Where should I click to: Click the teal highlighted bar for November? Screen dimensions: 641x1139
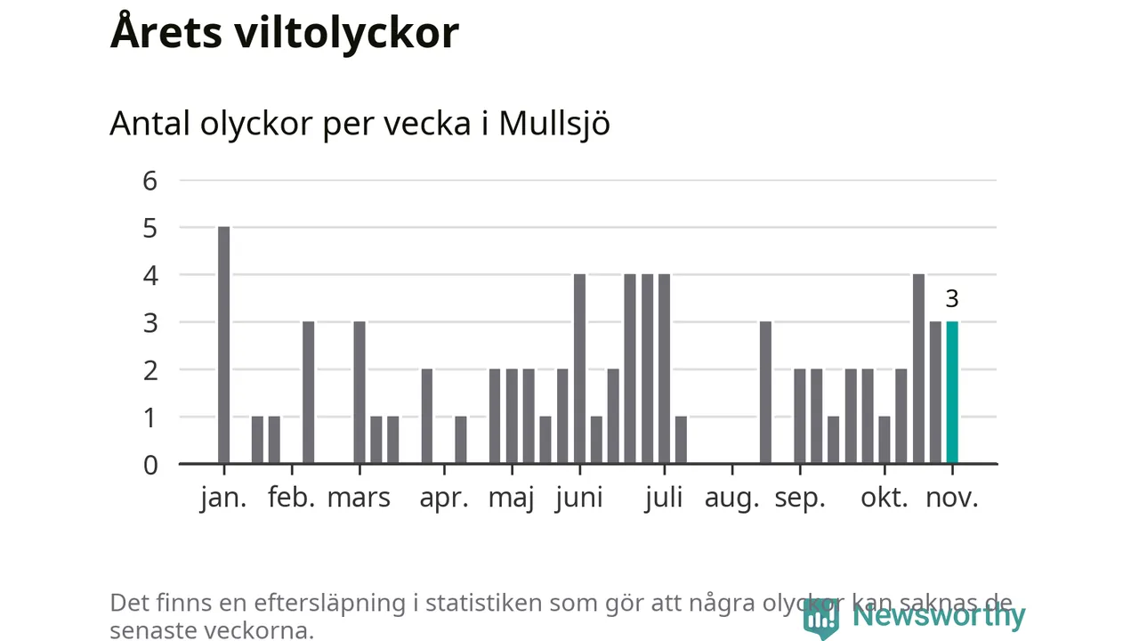pyautogui.click(x=952, y=393)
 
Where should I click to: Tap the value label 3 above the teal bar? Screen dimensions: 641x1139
pyautogui.click(x=952, y=299)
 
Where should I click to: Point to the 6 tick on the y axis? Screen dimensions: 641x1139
pyautogui.click(x=149, y=181)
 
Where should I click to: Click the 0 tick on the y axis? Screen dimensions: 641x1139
pyautogui.click(x=149, y=464)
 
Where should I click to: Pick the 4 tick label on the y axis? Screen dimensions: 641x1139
pyautogui.click(x=149, y=275)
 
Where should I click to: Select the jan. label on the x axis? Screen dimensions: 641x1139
pyautogui.click(x=223, y=498)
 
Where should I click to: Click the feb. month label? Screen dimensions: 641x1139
pyautogui.click(x=292, y=498)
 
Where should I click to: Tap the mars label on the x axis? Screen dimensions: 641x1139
pyautogui.click(x=359, y=498)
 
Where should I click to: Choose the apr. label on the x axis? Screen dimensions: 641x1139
pyautogui.click(x=444, y=498)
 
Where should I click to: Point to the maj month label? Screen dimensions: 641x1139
pyautogui.click(x=512, y=498)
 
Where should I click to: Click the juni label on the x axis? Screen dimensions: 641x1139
pyautogui.click(x=579, y=498)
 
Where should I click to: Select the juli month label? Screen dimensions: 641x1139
pyautogui.click(x=664, y=498)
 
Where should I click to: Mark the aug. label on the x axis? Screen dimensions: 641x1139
pyautogui.click(x=732, y=498)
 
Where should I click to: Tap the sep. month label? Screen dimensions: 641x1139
pyautogui.click(x=800, y=498)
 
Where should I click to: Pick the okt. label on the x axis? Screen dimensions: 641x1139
pyautogui.click(x=885, y=498)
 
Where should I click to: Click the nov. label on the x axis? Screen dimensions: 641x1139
pyautogui.click(x=952, y=498)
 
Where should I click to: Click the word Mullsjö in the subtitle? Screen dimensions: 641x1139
pyautogui.click(x=554, y=124)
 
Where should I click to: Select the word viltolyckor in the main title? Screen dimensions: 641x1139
pyautogui.click(x=347, y=33)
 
